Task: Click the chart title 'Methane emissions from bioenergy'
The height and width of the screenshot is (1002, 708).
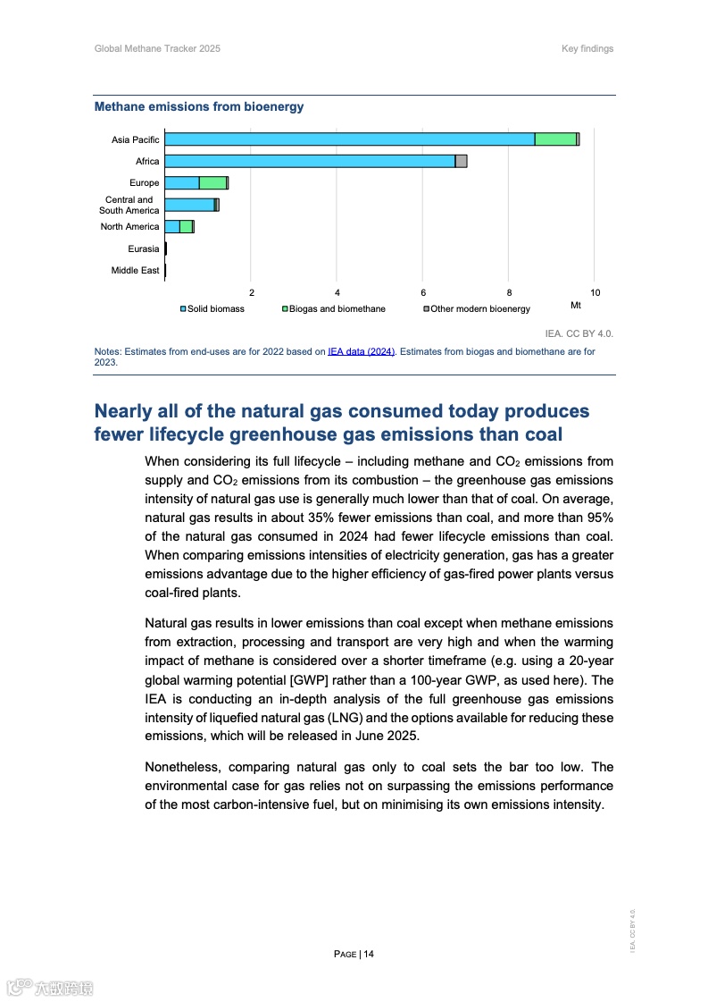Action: [x=199, y=107]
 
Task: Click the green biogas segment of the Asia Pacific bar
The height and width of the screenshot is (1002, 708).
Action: [x=555, y=139]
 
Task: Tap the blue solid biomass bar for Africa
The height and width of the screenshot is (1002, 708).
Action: [x=310, y=161]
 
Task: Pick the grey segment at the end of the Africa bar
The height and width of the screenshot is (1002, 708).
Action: [x=461, y=161]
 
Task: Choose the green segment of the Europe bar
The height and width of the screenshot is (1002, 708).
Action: [x=212, y=183]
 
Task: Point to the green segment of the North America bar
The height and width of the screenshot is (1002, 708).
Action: [x=186, y=227]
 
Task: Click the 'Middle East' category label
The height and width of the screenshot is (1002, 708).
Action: [x=135, y=270]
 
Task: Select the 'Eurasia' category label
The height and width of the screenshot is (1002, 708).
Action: [x=143, y=248]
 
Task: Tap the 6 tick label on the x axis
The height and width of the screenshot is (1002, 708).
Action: [x=423, y=292]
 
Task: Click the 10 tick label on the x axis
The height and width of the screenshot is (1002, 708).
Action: [x=595, y=292]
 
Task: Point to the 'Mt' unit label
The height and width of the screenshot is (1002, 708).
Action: [x=576, y=306]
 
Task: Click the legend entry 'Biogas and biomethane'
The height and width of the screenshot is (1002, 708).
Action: [x=337, y=309]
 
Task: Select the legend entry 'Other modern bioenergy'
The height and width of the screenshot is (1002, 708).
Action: [x=479, y=309]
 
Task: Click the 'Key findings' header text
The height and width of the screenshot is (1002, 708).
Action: [x=587, y=48]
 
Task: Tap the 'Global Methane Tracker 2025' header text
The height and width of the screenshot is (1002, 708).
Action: [x=157, y=48]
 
